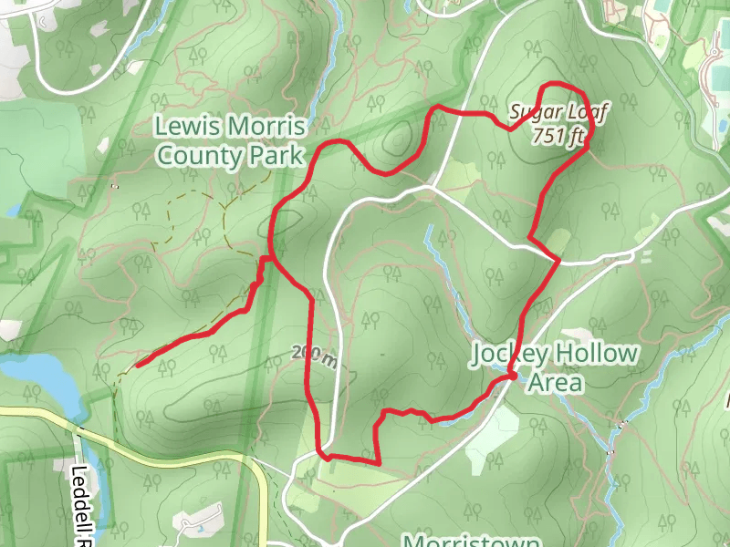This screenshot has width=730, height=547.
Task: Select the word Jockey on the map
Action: pyautogui.click(x=514, y=353)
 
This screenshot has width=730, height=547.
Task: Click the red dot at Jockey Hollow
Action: pyautogui.click(x=512, y=375)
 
